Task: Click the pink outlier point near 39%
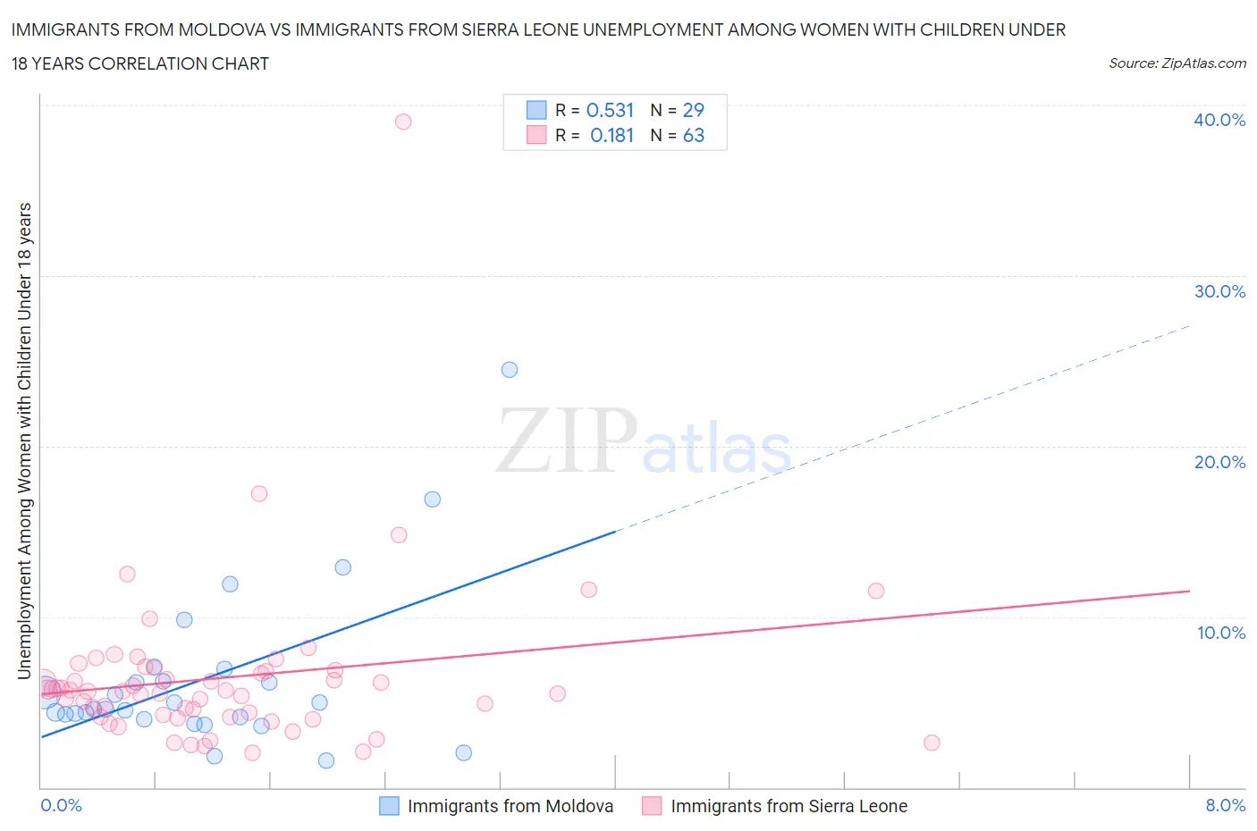coord(403,122)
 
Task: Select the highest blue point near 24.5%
coord(510,370)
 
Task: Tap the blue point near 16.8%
coord(433,499)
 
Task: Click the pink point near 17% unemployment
coord(259,493)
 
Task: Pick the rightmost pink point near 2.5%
coord(932,743)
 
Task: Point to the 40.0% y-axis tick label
coord(1219,120)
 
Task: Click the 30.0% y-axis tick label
coord(1219,291)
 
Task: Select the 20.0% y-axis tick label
coord(1219,462)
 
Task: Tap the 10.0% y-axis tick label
coord(1220,633)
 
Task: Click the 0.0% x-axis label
coord(61,805)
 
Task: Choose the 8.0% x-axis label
coord(1225,805)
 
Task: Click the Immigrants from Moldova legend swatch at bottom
coord(389,806)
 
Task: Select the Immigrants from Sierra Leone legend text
coord(789,806)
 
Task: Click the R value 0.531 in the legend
coord(610,110)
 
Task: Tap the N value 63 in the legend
coord(693,135)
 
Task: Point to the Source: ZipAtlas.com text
coord(1177,63)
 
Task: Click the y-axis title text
coord(25,441)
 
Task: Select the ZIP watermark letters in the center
coord(566,441)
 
